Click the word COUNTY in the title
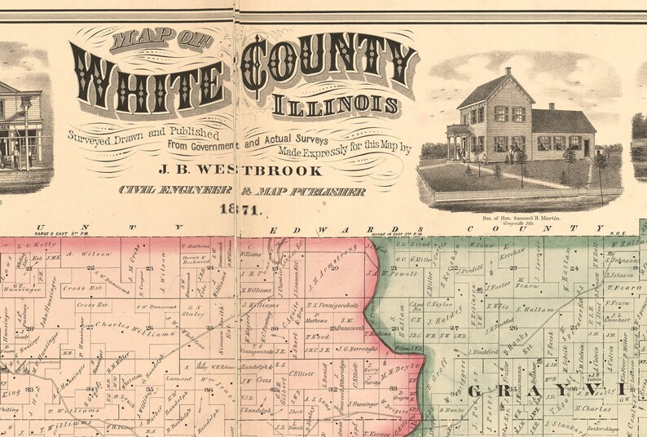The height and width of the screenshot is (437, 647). [330, 65]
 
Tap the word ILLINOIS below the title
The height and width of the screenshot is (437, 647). [336, 105]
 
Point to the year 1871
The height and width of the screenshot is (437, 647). [239, 210]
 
